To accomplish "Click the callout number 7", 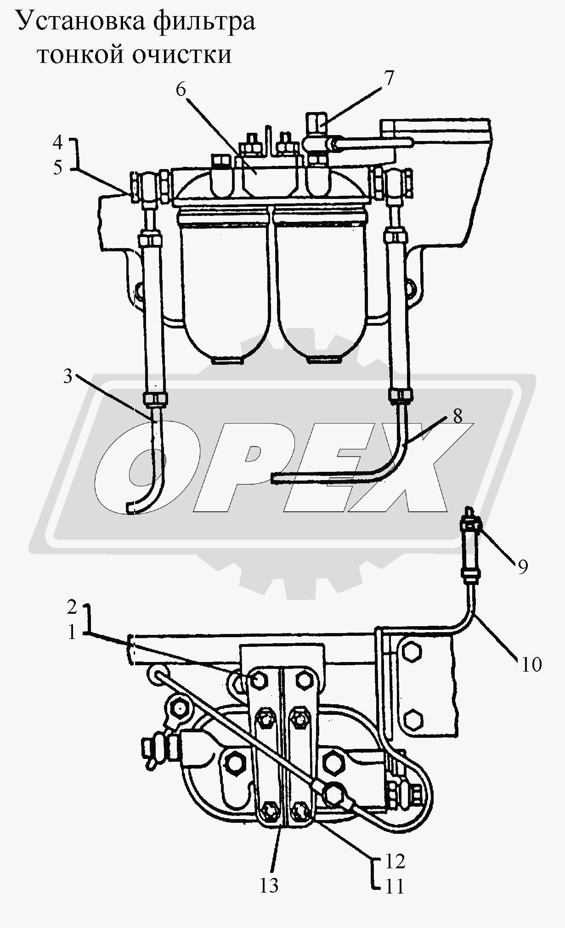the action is (x=389, y=79).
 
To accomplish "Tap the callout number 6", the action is (x=181, y=90).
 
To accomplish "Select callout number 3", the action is (x=68, y=377).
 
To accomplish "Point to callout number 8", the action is (x=457, y=417).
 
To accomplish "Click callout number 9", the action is (x=523, y=567).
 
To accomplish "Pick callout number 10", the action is (x=531, y=664).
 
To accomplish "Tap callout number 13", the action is (x=269, y=885).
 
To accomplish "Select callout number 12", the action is (x=395, y=861).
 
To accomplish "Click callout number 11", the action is (x=395, y=887).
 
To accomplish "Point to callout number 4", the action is (x=57, y=143).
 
